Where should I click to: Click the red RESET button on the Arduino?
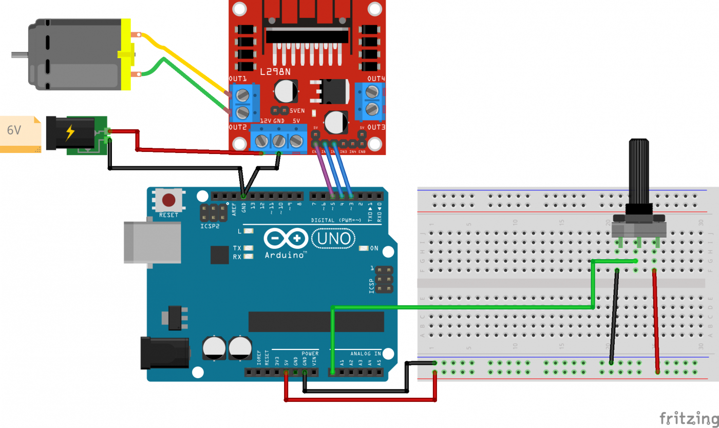pos(168,200)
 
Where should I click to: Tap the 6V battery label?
pos(14,130)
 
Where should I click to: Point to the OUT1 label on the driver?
pos(237,79)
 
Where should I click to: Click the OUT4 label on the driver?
pos(376,79)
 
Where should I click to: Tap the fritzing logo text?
pos(688,418)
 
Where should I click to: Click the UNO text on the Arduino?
pos(334,238)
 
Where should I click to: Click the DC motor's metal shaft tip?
pos(15,53)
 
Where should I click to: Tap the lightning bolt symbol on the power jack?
pos(70,133)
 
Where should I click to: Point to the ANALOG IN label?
pos(366,354)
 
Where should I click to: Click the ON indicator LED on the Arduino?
pos(364,248)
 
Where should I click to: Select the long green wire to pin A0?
pos(462,307)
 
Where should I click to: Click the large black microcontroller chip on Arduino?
pos(316,321)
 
